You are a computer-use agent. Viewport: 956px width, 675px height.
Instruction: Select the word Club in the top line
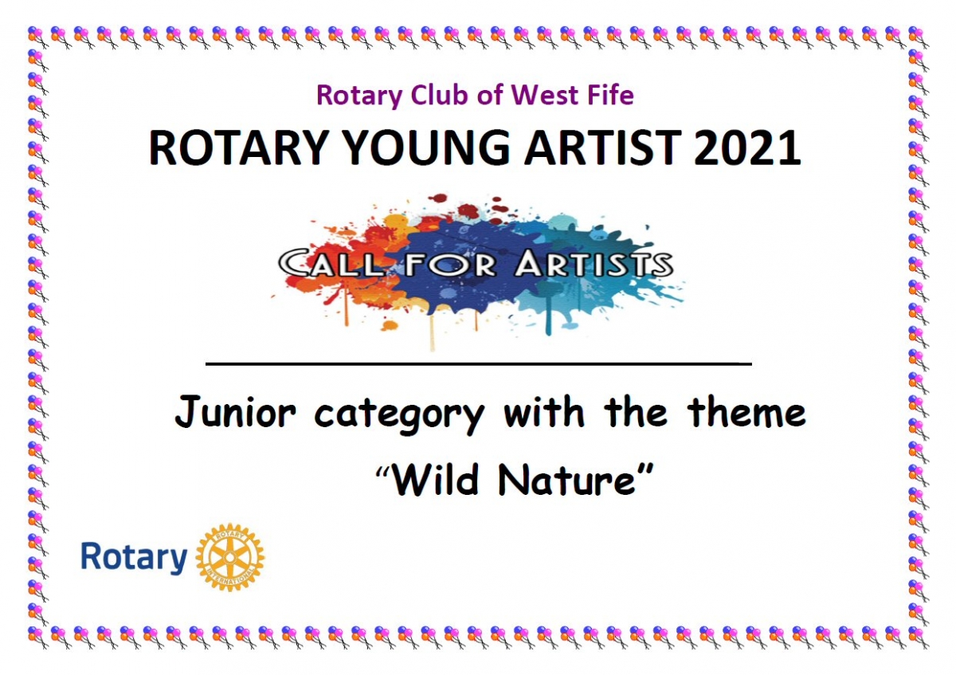click(x=438, y=94)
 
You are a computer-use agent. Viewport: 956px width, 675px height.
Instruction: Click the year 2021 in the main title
click(x=747, y=147)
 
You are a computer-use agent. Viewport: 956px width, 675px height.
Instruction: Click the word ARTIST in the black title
click(x=602, y=147)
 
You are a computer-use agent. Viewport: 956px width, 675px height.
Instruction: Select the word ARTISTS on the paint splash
click(x=594, y=263)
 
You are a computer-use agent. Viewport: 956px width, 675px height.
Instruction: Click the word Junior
click(x=235, y=411)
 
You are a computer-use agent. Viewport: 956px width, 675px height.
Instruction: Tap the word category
click(x=399, y=416)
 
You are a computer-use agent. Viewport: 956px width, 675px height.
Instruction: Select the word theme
click(x=746, y=411)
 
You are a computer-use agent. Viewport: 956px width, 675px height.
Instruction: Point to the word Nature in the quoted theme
click(x=566, y=480)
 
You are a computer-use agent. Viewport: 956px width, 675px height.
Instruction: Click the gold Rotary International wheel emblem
click(x=230, y=557)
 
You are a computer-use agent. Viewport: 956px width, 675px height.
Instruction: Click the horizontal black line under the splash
click(x=479, y=364)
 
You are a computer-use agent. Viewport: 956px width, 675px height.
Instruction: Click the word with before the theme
click(x=543, y=410)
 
